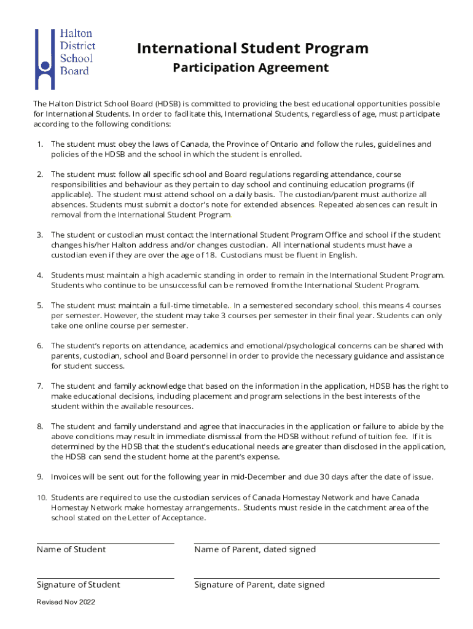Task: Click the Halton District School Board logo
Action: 64,58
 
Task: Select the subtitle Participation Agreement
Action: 251,68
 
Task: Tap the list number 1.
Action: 39,144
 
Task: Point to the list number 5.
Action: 39,305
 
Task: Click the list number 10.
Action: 40,497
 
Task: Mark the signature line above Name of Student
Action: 105,543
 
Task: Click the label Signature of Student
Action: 79,585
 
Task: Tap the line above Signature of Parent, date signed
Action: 316,578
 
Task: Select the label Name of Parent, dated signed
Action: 255,550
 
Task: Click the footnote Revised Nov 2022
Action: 66,602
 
